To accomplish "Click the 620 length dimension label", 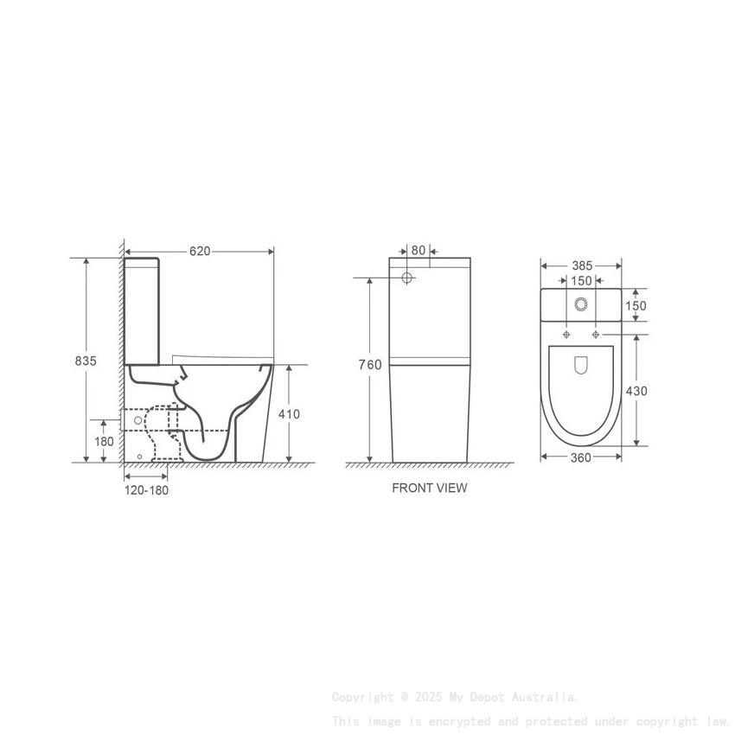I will click(200, 251).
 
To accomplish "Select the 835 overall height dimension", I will click(85, 360).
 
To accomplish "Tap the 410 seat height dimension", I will click(289, 414).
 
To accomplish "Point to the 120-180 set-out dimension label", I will click(145, 490).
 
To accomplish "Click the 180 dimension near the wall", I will click(104, 441).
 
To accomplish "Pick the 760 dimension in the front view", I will click(370, 365).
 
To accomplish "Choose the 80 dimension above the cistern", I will click(419, 251).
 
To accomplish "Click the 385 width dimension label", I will click(581, 266).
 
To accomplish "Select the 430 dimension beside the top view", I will click(636, 391).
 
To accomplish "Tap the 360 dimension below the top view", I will click(581, 457).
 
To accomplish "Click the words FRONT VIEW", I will click(429, 488).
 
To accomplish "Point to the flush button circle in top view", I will click(581, 304).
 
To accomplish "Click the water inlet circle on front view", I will click(409, 278).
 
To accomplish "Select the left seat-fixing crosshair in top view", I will click(566, 334).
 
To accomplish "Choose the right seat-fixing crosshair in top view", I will click(596, 334).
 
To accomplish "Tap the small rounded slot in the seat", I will click(581, 367).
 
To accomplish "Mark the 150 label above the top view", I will click(581, 281).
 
